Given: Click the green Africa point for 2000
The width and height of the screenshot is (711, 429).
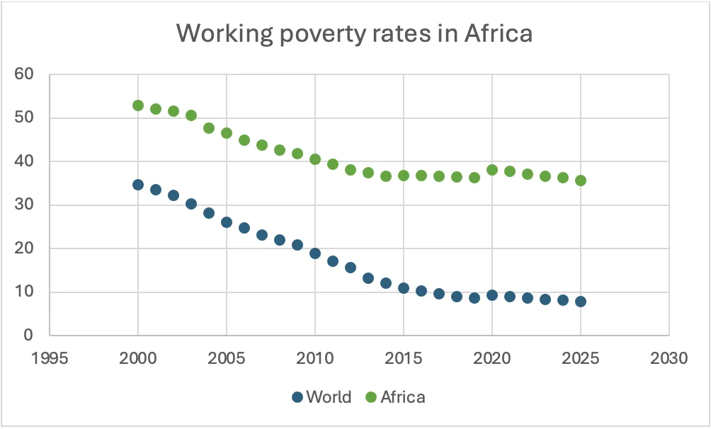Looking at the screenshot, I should (x=138, y=105).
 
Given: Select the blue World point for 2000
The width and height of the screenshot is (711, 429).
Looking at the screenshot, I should (x=138, y=185).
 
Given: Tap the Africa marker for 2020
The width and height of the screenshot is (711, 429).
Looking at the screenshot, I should (x=492, y=170).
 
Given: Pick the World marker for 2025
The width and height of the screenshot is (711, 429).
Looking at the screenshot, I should (x=581, y=301).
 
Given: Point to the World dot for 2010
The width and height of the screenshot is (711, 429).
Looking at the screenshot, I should (x=315, y=253).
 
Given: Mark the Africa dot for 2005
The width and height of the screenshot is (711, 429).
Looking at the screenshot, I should (x=227, y=133).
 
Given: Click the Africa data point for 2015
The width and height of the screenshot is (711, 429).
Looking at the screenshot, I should (x=404, y=176).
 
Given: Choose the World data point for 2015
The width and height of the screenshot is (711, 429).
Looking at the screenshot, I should (x=404, y=288).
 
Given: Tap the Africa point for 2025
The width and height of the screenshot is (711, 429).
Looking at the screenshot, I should (x=581, y=181).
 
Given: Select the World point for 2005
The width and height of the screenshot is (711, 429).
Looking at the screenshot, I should (x=227, y=222).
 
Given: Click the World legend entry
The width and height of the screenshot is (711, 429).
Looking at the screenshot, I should (x=322, y=397).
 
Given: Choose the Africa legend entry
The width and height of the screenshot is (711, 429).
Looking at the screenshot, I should (x=396, y=397).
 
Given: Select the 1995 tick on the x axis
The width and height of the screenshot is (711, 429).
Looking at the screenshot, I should (x=50, y=358).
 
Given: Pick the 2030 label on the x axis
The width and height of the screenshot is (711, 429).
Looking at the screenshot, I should (x=669, y=358).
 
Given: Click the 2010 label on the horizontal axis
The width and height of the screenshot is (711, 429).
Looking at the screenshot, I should (x=315, y=358).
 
